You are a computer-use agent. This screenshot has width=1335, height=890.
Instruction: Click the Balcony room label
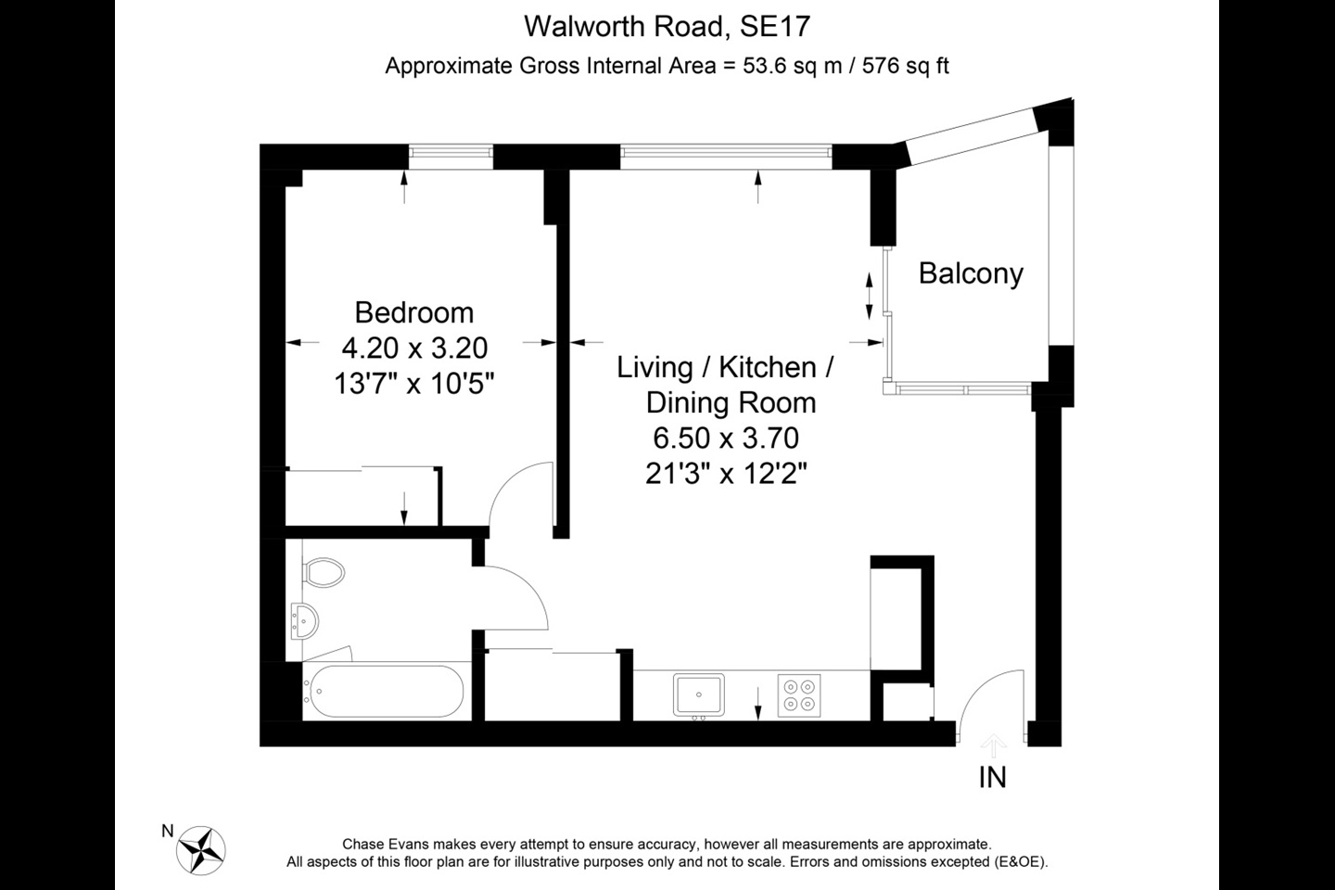click(x=971, y=273)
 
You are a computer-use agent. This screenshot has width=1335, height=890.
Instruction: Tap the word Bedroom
click(x=413, y=312)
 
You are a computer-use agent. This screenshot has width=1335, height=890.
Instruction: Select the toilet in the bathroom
click(x=322, y=572)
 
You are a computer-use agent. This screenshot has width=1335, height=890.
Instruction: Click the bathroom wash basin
click(x=304, y=619)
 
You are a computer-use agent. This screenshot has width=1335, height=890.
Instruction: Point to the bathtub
click(x=383, y=692)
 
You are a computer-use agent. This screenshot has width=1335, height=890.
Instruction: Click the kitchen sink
click(x=699, y=695)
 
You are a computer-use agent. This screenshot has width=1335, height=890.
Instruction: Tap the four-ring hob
click(x=800, y=695)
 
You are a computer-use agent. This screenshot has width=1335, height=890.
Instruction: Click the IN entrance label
click(x=992, y=777)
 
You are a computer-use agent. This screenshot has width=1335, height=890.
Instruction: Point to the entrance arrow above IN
click(x=993, y=745)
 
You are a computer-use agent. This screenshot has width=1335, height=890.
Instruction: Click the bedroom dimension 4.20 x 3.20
click(x=414, y=348)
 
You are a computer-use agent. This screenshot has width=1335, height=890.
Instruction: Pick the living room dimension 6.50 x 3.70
click(x=726, y=438)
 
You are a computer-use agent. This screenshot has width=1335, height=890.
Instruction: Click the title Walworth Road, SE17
click(x=667, y=26)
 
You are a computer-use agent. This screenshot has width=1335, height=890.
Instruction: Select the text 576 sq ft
click(x=906, y=66)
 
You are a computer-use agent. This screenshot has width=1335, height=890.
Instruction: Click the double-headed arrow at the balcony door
click(x=869, y=296)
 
